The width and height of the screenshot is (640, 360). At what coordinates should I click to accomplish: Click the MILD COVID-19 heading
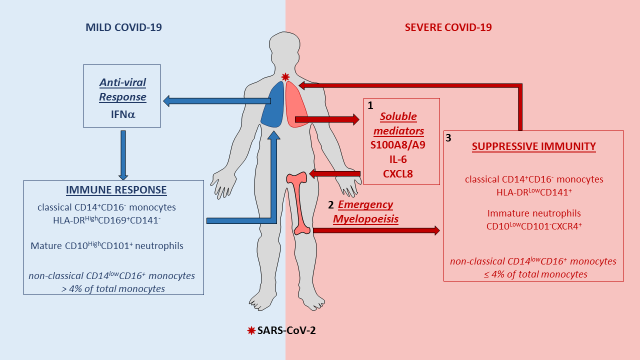pos(123,27)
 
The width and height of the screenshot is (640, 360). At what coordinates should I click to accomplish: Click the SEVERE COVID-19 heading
pos(448,27)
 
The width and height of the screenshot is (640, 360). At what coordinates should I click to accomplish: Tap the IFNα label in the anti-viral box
pos(122,114)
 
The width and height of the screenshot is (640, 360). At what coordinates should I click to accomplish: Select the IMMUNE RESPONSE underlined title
pos(116,190)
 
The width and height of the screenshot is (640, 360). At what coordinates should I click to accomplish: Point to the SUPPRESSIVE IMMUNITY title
pos(534,146)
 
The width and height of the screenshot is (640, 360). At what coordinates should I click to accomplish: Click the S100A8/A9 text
pos(401,145)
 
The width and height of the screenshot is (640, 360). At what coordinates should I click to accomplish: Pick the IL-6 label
pos(401,160)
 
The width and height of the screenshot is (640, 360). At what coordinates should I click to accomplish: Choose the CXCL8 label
pos(401,174)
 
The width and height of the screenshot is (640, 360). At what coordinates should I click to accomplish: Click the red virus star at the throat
pos(285,77)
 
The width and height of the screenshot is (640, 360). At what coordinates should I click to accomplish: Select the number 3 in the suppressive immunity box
pos(448,138)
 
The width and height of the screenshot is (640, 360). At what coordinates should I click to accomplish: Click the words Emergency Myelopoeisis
pos(365,211)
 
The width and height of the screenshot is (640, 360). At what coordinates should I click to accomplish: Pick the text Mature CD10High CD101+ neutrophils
pos(106,245)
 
